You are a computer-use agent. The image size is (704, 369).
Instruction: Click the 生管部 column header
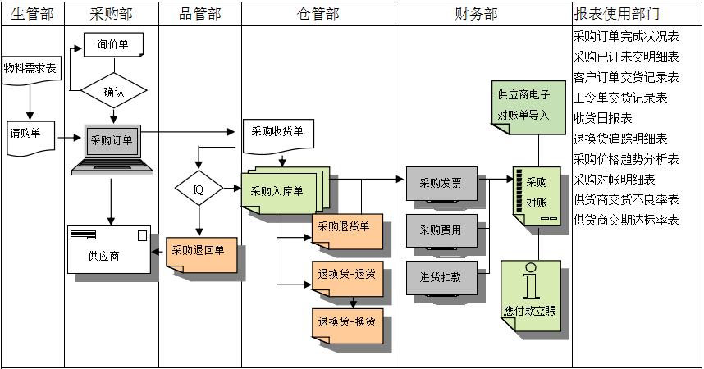(32, 14)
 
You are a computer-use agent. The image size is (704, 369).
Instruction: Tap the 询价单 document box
(113, 45)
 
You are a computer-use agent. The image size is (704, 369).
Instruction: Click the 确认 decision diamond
(114, 91)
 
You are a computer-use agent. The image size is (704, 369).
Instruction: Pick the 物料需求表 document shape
(30, 71)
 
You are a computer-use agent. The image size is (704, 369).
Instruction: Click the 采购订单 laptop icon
(111, 148)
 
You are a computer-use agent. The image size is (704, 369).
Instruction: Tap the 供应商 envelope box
(109, 249)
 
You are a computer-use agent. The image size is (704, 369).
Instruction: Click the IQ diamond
(198, 189)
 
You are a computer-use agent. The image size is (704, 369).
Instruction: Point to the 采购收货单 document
(277, 134)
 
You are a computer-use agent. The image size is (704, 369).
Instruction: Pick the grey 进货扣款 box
(441, 277)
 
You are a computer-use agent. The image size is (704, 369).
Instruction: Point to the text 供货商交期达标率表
(626, 221)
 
